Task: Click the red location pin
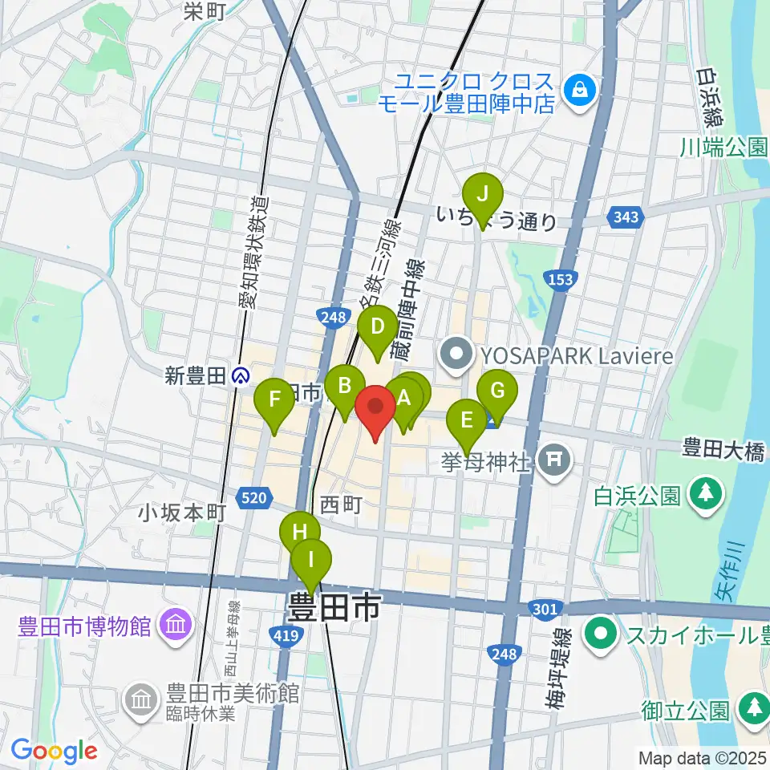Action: pos(375,407)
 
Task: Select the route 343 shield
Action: pos(625,217)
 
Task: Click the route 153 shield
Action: pos(561,279)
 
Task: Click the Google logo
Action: pos(54,751)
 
